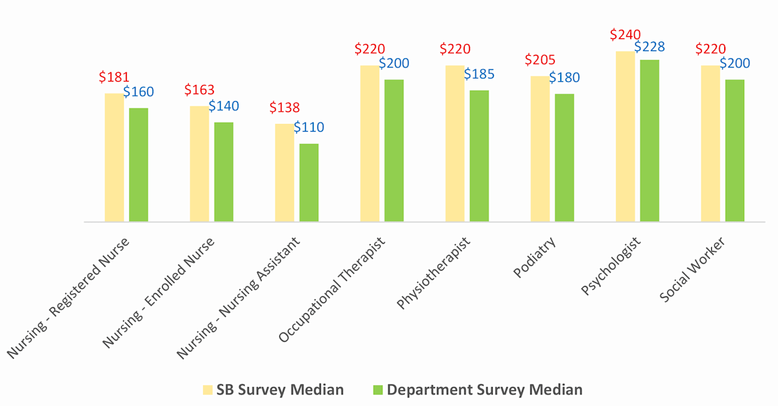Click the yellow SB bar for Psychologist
point(626,136)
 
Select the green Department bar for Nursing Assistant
point(309,182)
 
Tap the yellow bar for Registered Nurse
point(114,158)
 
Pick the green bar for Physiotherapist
point(479,156)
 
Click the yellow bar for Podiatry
point(540,149)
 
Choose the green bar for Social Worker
point(735,150)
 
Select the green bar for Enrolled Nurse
point(224,172)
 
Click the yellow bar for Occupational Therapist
point(370,143)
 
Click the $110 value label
point(309,128)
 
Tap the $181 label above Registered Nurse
point(114,77)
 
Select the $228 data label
point(650,47)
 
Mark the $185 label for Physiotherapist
point(479,74)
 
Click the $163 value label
point(200,90)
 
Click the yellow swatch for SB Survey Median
point(207,390)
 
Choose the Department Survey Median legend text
point(484,390)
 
